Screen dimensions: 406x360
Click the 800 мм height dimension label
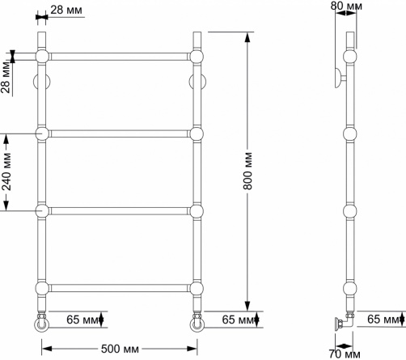(248, 171)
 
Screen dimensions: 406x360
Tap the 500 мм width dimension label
(120, 349)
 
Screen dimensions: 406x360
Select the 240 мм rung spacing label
(6, 172)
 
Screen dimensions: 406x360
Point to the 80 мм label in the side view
(346, 6)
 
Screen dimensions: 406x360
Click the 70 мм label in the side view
(345, 354)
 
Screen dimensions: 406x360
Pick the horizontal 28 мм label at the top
(66, 10)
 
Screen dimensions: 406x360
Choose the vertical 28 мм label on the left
(6, 78)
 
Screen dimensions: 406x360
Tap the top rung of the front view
(119, 57)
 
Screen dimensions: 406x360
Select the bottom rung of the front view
(119, 288)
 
